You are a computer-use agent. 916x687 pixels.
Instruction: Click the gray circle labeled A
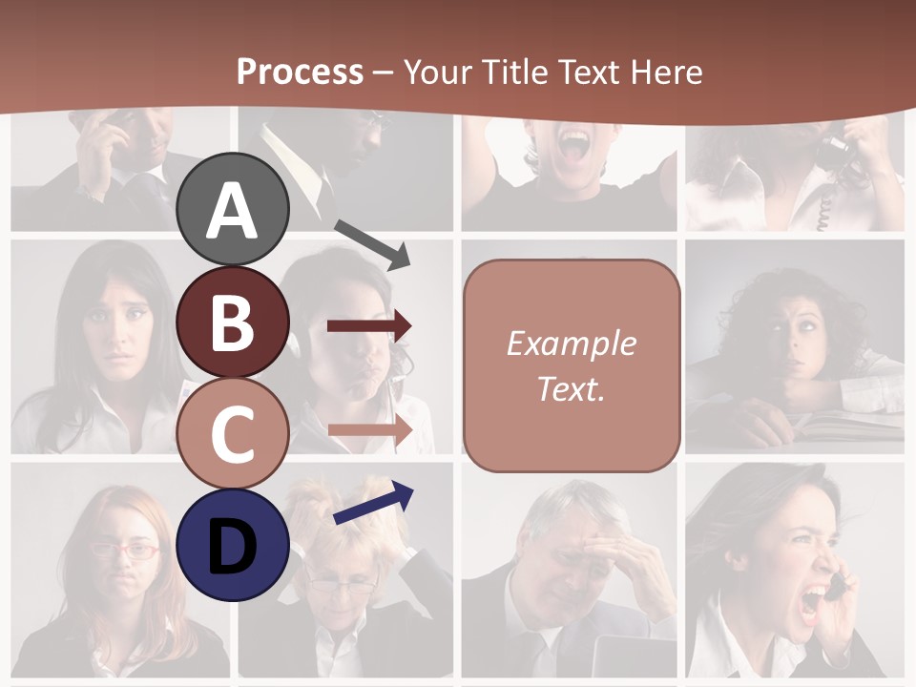click(x=233, y=210)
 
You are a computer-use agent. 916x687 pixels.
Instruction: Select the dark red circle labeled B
click(x=233, y=322)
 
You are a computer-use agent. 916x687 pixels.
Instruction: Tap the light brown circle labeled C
click(x=233, y=433)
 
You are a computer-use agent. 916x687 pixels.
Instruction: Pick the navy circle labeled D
click(x=233, y=545)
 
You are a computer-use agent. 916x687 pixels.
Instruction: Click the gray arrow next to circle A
click(x=372, y=244)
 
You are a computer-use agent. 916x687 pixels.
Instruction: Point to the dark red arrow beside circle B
click(x=369, y=326)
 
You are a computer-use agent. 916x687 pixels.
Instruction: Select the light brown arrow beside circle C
click(x=369, y=430)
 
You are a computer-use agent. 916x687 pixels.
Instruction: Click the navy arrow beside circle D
click(x=373, y=503)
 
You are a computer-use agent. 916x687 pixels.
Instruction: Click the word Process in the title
click(x=300, y=72)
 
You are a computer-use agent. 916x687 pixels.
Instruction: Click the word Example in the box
click(x=571, y=343)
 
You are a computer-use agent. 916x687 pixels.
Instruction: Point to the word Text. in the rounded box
click(x=571, y=388)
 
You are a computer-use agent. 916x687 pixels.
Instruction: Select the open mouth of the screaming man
click(x=575, y=146)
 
